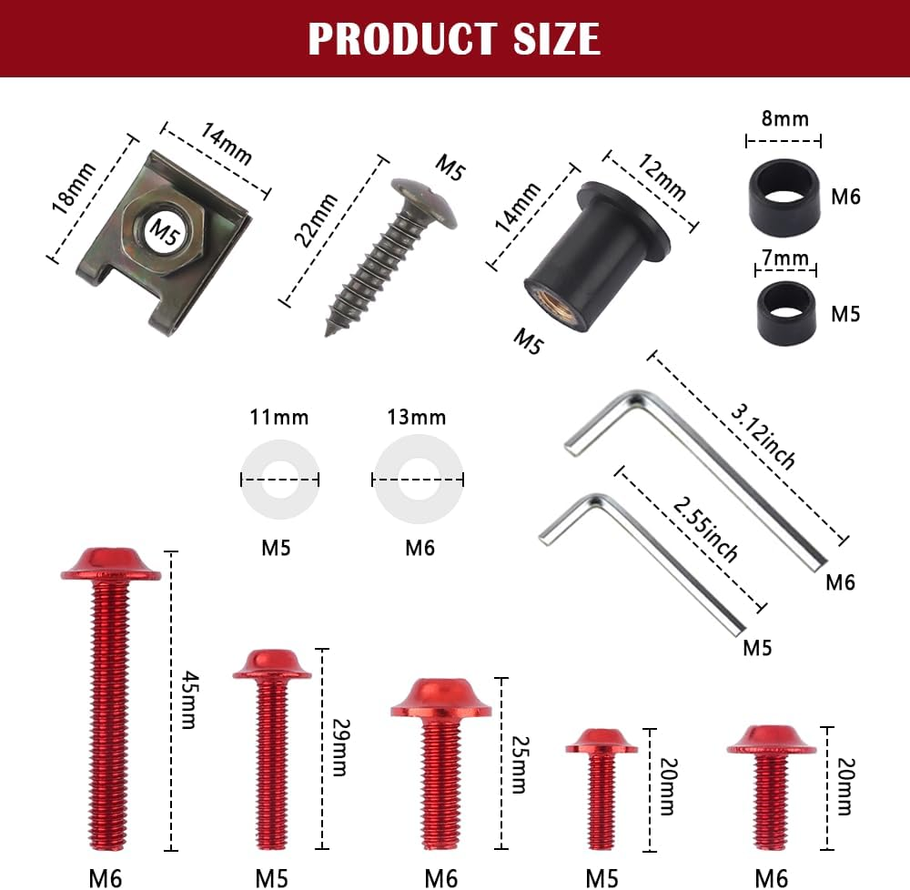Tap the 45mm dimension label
tap(188, 700)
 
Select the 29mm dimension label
tap(338, 748)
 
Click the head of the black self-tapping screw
tap(426, 202)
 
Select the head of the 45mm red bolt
tap(110, 565)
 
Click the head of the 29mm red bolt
tap(271, 665)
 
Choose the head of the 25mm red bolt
tap(440, 698)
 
